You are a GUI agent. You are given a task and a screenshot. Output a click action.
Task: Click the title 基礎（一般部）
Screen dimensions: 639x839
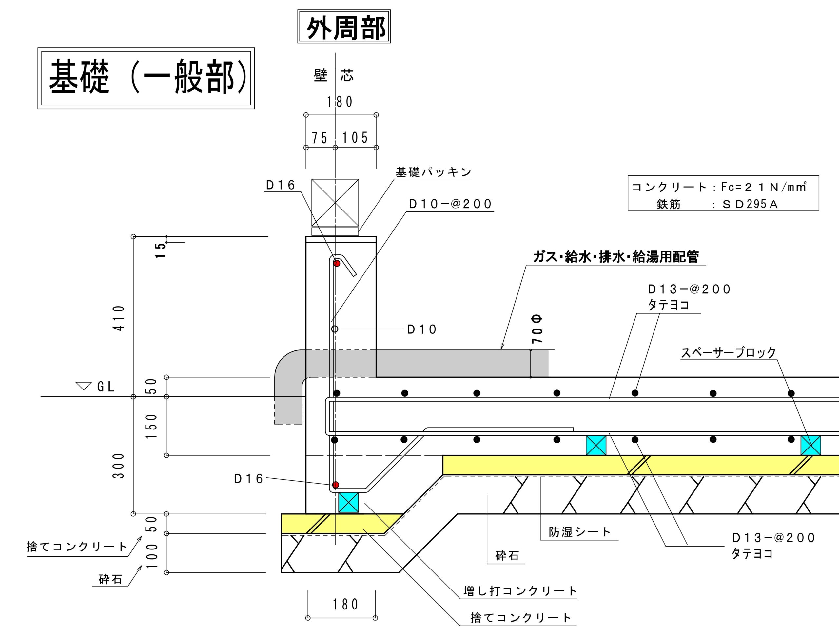tap(146, 78)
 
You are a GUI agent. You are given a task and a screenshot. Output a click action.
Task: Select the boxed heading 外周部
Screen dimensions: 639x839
tap(344, 27)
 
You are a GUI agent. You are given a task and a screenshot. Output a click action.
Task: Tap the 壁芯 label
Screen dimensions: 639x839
tap(334, 75)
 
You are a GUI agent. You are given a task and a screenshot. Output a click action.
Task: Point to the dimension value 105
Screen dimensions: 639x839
tap(355, 138)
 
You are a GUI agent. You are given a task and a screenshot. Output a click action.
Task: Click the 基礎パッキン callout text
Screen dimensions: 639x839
tap(433, 172)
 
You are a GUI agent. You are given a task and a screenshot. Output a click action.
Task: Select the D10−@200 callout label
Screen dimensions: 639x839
tap(451, 204)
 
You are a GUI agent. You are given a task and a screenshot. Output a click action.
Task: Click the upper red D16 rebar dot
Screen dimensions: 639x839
tap(337, 263)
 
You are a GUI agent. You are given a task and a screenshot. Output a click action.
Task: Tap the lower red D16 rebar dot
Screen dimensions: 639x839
tap(335, 485)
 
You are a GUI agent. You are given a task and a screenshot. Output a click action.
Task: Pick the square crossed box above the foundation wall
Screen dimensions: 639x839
tap(335, 203)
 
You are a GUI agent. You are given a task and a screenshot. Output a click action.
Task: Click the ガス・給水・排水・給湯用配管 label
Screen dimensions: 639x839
tap(616, 257)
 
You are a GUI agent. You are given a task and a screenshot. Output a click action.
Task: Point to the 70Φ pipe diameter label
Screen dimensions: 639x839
tap(537, 329)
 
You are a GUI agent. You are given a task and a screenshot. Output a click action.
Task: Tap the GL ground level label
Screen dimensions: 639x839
tap(106, 387)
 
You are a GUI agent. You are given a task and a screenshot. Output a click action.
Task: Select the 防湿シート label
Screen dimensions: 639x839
tap(579, 532)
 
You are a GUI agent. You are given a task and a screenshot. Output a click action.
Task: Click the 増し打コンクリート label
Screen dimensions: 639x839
tap(520, 591)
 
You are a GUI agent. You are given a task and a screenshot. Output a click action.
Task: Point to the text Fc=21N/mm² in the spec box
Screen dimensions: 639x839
tap(763, 187)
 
